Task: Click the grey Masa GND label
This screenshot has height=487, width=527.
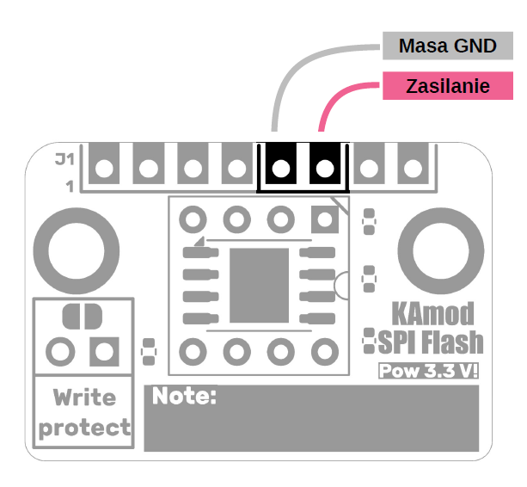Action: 447,46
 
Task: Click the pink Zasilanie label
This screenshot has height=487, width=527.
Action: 447,86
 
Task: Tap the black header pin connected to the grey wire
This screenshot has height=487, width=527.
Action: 279,168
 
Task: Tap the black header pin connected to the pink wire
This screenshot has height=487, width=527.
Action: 324,168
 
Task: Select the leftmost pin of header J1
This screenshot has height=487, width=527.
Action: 104,168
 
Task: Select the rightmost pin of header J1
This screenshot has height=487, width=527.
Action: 413,168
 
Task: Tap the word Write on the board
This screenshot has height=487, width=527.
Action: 83,398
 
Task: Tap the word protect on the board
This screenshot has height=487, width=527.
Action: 84,428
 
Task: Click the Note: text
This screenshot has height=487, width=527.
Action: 183,397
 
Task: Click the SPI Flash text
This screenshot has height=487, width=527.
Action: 430,342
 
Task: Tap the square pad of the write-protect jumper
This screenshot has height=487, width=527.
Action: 105,351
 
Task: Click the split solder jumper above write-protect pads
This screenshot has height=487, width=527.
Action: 83,316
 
